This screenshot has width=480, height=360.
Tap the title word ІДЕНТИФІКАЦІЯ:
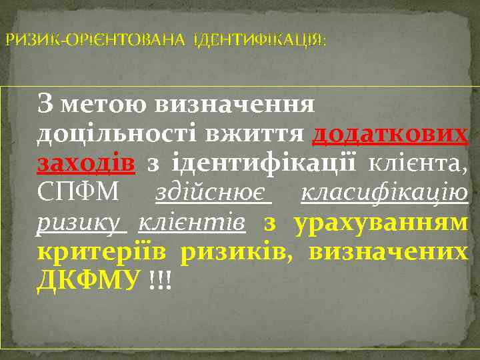point(259,41)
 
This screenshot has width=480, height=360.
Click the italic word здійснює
point(213,193)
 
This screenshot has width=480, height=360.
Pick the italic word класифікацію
point(385,193)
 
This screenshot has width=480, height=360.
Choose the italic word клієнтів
point(192,222)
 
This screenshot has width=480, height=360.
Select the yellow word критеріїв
point(101,251)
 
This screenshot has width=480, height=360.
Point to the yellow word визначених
point(388,251)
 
